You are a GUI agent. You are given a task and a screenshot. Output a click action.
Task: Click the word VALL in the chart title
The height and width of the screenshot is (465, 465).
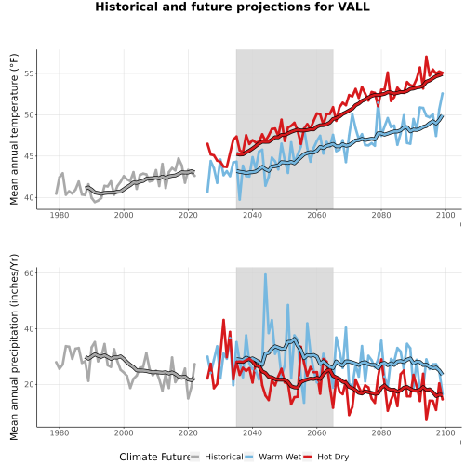click(353, 7)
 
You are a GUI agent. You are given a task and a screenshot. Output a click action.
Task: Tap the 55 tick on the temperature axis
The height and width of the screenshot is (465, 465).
click(29, 73)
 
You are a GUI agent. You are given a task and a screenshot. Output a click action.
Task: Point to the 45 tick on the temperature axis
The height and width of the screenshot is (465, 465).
click(29, 156)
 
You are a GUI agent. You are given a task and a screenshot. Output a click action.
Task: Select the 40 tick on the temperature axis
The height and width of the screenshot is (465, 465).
click(29, 197)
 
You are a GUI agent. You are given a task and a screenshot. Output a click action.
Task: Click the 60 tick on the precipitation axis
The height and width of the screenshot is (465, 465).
click(29, 273)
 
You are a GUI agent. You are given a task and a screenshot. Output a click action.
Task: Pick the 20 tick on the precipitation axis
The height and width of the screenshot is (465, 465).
click(29, 384)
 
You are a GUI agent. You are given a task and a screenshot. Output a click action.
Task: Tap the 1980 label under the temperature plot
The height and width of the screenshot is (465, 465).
click(60, 215)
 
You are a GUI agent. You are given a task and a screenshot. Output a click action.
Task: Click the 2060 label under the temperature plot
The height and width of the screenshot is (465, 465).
click(317, 215)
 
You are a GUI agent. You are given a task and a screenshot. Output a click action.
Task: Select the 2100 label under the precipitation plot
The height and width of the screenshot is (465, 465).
click(445, 432)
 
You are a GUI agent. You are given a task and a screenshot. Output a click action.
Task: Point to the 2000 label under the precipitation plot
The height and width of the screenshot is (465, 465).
click(124, 432)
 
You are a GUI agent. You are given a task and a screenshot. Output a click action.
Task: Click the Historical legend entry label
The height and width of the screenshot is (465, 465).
click(224, 457)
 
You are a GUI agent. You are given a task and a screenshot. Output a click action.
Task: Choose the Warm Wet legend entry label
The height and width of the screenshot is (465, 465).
click(280, 457)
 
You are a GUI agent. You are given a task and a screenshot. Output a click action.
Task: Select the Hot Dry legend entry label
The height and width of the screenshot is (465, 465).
click(333, 457)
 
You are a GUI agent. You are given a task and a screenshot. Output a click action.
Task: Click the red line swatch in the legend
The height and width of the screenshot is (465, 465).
click(307, 457)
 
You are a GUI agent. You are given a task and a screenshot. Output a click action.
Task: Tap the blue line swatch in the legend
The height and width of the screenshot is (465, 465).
click(248, 457)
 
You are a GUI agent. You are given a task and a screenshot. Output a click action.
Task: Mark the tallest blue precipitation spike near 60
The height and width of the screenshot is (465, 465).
click(265, 274)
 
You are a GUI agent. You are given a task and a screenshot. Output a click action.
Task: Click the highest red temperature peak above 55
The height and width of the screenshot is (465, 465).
click(426, 57)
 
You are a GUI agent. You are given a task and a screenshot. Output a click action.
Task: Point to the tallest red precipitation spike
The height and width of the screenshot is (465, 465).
click(223, 320)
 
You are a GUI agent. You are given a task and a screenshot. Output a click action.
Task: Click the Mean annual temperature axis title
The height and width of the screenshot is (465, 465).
click(14, 129)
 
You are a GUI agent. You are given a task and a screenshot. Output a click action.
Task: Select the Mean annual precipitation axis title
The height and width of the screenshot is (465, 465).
click(14, 347)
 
